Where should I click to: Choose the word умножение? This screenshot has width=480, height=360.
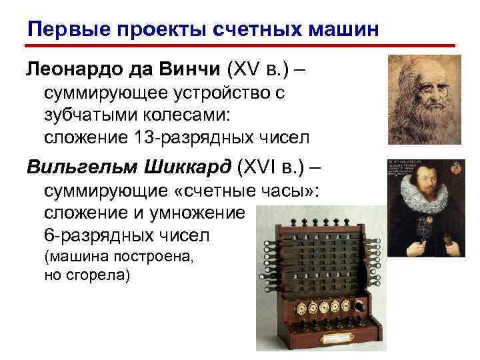(x=206, y=213)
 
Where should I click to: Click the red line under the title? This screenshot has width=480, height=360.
(x=240, y=47)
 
